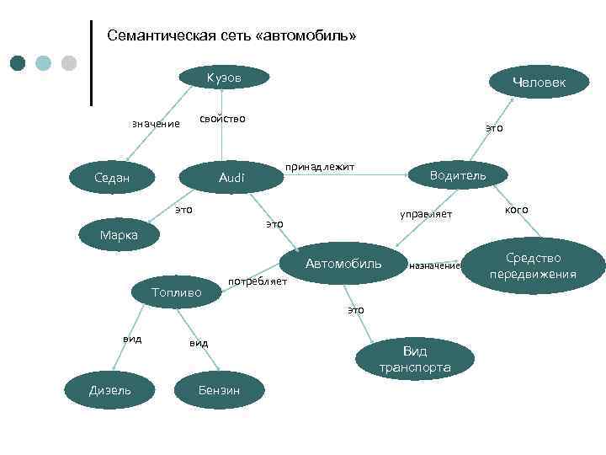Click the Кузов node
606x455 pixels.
224,78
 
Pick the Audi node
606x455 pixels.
231,178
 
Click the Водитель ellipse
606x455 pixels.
457,174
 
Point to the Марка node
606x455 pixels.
119,235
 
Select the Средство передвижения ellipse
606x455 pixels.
533,265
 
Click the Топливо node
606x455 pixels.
176,292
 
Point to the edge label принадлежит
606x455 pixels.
320,168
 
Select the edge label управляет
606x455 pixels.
426,215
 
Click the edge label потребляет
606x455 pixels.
258,281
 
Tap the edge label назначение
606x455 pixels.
435,266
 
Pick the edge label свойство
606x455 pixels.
222,119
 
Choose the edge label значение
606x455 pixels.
156,125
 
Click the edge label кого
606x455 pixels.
516,209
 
